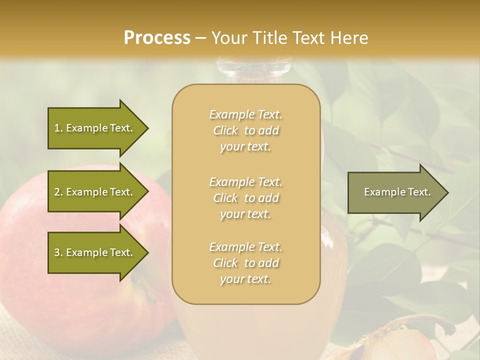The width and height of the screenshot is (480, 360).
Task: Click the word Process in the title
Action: click(x=157, y=37)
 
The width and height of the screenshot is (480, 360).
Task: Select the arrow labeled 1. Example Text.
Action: click(x=93, y=128)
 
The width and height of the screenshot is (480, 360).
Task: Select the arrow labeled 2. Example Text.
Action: click(x=93, y=192)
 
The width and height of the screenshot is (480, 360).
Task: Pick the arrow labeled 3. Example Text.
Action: click(x=93, y=252)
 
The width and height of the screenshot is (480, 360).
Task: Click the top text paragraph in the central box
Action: click(x=245, y=130)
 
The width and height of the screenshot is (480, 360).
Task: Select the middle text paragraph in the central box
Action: click(x=245, y=198)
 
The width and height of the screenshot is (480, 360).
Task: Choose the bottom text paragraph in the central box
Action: click(x=245, y=263)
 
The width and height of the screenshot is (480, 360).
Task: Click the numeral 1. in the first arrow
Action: click(x=58, y=128)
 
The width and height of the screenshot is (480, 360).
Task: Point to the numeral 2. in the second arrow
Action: click(x=58, y=192)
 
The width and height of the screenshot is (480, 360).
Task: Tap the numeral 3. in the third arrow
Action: click(x=58, y=252)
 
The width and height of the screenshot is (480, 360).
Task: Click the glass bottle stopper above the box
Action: click(x=253, y=70)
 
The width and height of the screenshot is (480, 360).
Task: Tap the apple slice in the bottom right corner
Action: click(x=400, y=345)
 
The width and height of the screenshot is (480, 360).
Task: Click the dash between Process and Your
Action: click(x=201, y=37)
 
